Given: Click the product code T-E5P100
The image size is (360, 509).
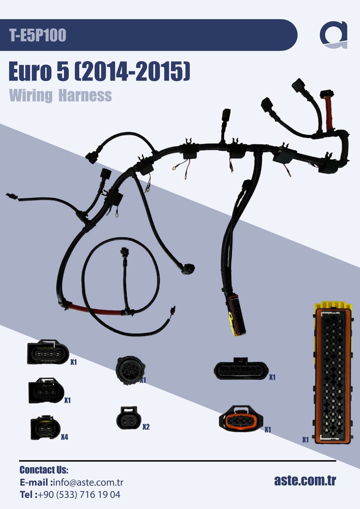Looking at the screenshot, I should (38, 36).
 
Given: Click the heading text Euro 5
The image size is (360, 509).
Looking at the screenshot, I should (38, 73).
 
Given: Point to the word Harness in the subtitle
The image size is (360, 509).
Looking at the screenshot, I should (85, 95).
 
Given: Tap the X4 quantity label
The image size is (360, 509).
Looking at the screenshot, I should (64, 437).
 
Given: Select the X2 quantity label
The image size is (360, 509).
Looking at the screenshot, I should (146, 426).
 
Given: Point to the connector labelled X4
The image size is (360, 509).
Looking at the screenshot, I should (45, 427).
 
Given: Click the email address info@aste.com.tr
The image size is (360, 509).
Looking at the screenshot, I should (88, 483).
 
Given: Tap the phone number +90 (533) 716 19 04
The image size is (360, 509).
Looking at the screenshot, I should (79, 495).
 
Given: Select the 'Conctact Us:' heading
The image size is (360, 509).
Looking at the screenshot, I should (44, 470).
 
